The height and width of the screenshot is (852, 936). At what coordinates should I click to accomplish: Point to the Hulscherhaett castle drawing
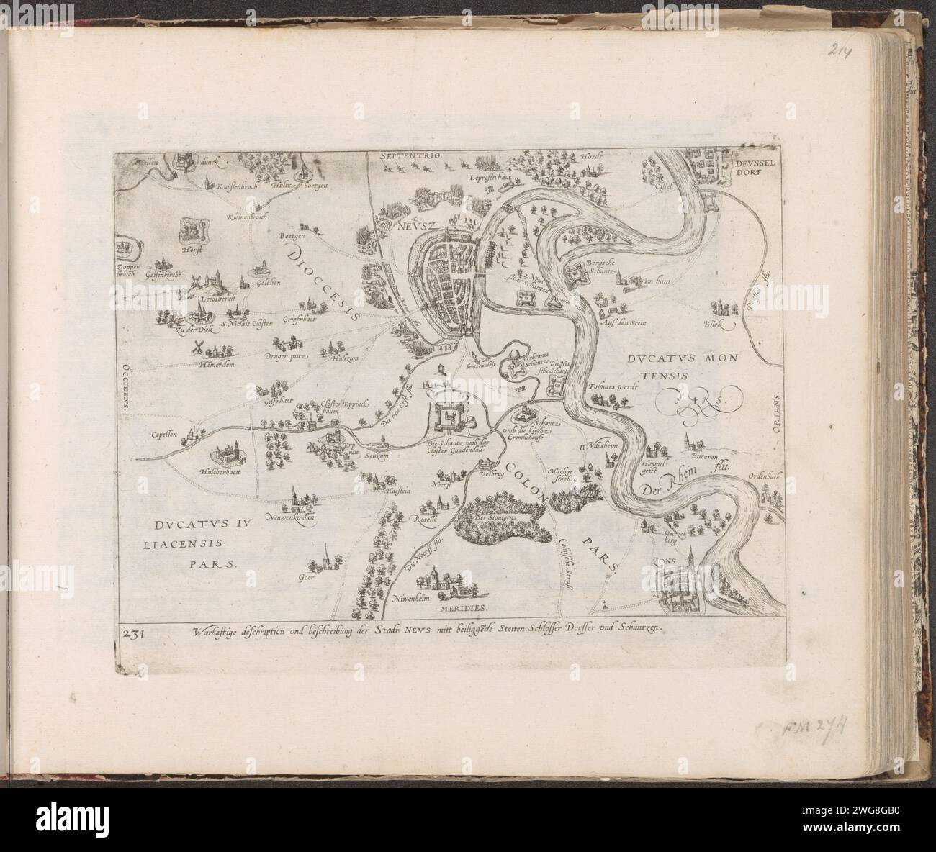click(x=229, y=456)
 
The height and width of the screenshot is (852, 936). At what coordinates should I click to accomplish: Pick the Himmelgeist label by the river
click(x=654, y=468)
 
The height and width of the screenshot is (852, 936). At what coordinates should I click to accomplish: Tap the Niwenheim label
click(x=411, y=598)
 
